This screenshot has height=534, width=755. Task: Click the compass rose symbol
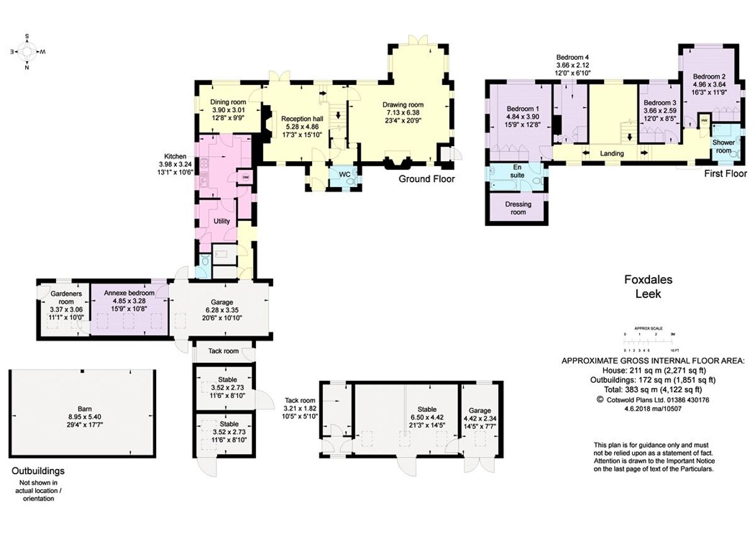click(x=26, y=52)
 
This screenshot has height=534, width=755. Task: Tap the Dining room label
click(x=228, y=102)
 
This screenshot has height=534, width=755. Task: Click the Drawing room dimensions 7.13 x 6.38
click(x=403, y=113)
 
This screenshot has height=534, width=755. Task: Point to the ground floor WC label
click(x=344, y=174)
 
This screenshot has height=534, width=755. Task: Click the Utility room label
click(x=221, y=221)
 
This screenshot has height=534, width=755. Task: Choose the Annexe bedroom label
click(x=129, y=293)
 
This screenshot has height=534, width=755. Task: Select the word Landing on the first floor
click(x=612, y=154)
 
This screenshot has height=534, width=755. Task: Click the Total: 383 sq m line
click(x=652, y=389)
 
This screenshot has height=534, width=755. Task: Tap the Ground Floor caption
click(x=427, y=179)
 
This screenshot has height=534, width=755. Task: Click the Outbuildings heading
click(x=38, y=470)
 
